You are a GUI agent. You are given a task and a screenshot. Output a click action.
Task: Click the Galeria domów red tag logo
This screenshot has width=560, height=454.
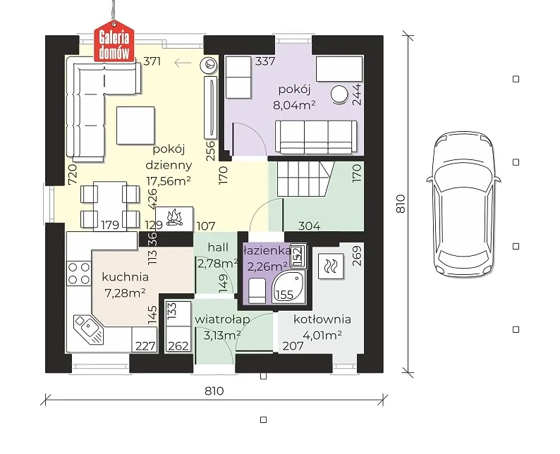[114, 42]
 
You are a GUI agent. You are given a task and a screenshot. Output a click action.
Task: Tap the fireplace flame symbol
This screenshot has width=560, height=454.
[174, 218]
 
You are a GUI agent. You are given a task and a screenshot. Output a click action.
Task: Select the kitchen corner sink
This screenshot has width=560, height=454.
[89, 329]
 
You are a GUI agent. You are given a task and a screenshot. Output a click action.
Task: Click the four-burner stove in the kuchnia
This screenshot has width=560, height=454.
[79, 274]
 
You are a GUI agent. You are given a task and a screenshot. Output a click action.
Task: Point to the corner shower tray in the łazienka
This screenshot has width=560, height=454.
[288, 287]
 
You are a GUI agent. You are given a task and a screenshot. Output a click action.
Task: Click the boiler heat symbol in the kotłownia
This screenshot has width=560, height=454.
[331, 266]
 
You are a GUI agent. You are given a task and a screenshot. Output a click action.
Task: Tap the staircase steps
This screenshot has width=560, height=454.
[305, 178]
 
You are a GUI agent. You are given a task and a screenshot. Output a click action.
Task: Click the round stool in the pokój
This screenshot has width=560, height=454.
[339, 94]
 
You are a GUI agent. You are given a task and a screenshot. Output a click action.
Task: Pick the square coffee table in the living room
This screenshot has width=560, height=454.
[135, 125]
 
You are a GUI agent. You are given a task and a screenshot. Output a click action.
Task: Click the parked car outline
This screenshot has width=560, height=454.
[463, 204]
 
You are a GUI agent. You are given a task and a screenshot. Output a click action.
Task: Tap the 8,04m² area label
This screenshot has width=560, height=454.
[294, 105]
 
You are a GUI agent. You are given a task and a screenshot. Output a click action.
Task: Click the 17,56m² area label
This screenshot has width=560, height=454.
[169, 181]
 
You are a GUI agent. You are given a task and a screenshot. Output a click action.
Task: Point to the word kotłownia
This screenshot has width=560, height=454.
[322, 319]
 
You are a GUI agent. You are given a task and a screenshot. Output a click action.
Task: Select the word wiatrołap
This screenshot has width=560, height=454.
[221, 320]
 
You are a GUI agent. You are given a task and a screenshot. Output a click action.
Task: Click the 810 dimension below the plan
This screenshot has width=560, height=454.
[214, 391]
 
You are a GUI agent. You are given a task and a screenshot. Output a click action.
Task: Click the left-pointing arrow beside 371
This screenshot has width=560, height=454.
[183, 63]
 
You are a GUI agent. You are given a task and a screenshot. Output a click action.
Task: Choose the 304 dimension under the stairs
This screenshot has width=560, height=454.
[310, 226]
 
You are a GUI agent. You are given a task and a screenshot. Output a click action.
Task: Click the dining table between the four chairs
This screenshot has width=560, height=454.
[110, 207]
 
